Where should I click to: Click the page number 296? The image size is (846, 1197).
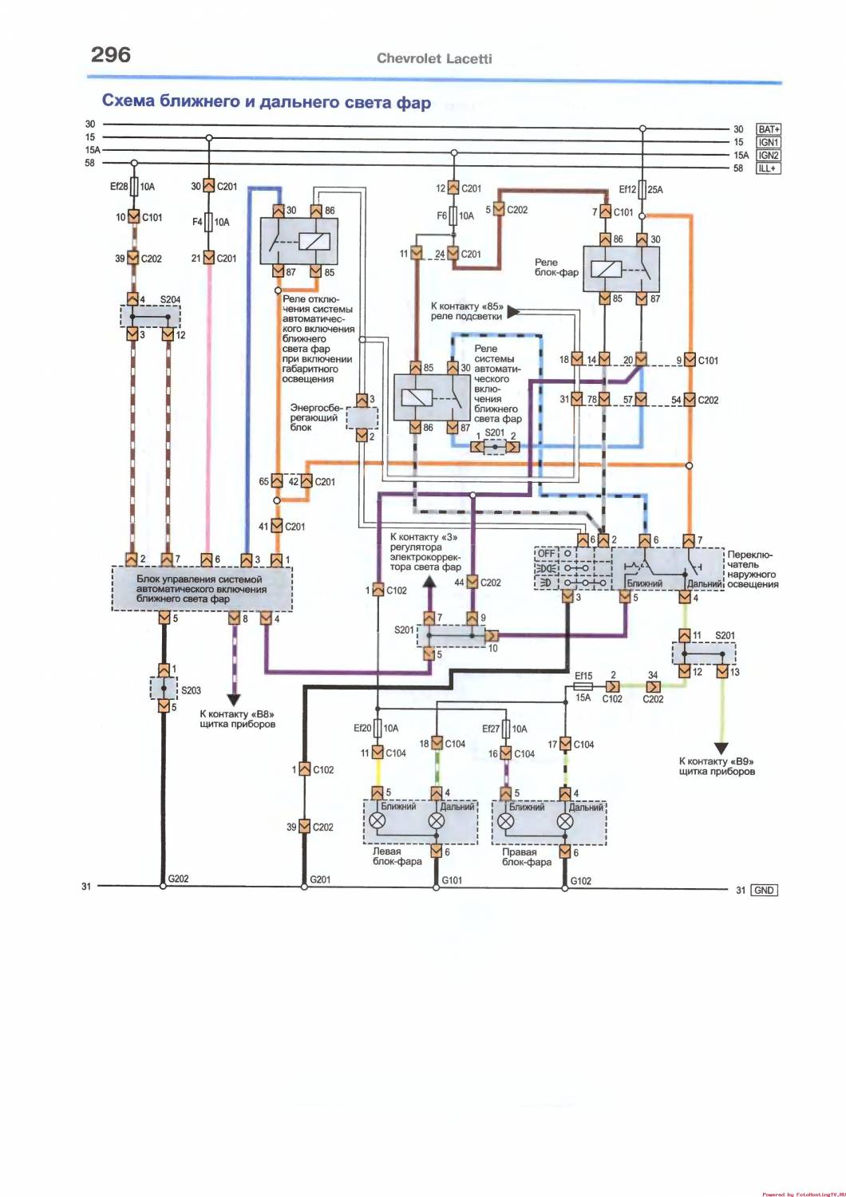111,54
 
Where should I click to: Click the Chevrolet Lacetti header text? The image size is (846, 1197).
434,59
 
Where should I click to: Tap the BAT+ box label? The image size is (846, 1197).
769,129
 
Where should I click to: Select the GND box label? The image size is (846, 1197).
765,891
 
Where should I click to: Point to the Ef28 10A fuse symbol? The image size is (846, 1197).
134,187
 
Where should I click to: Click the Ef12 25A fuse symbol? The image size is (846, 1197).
642,189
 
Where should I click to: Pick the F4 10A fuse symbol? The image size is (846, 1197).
209,221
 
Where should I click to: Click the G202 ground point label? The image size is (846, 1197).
178,879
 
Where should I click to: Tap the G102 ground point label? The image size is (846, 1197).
580,881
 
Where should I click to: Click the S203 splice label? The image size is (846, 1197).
191,690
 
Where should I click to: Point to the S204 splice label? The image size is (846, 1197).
170,300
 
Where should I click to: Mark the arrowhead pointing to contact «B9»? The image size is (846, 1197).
721,749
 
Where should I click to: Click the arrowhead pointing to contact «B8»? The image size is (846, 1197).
234,701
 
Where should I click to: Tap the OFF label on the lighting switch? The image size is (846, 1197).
546,554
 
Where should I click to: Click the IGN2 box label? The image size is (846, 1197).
769,156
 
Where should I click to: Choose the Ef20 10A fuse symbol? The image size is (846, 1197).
378,728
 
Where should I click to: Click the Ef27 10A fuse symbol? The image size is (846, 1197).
505,729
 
